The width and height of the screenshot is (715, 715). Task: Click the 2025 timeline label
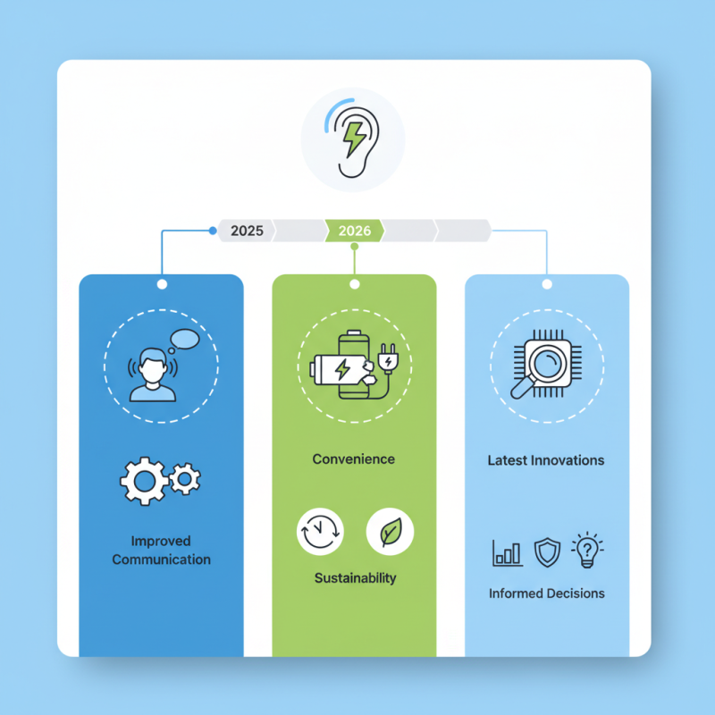pyautogui.click(x=247, y=231)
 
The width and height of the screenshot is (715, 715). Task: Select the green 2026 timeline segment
pyautogui.click(x=355, y=231)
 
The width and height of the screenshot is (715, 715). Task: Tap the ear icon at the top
pyautogui.click(x=352, y=143)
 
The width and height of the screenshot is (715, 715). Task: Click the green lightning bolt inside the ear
pyautogui.click(x=353, y=139)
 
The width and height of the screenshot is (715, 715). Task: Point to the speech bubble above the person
pyautogui.click(x=185, y=340)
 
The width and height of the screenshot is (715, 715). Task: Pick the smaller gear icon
pyautogui.click(x=185, y=478)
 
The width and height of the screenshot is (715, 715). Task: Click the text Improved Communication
pyautogui.click(x=161, y=550)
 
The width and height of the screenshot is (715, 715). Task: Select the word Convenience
pyautogui.click(x=354, y=459)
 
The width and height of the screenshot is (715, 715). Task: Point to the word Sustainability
pyautogui.click(x=355, y=578)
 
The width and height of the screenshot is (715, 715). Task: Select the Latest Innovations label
pyautogui.click(x=546, y=461)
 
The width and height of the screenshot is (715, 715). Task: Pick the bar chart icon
pyautogui.click(x=507, y=552)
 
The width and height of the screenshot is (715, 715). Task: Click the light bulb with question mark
pyautogui.click(x=586, y=551)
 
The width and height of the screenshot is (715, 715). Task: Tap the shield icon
pyautogui.click(x=546, y=552)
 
